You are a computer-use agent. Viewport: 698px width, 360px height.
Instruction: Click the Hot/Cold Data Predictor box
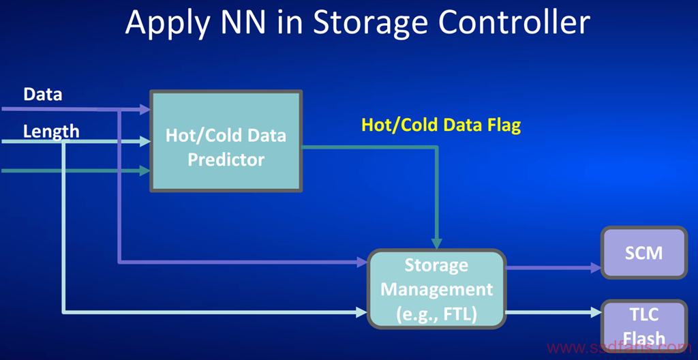point(226,141)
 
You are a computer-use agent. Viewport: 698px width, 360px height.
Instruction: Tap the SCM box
point(643,253)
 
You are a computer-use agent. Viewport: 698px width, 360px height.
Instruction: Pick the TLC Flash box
point(643,328)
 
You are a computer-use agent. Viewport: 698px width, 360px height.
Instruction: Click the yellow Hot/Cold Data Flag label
point(441,125)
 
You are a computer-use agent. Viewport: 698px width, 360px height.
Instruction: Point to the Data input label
point(43,95)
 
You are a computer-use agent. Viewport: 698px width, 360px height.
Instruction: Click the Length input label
point(51,132)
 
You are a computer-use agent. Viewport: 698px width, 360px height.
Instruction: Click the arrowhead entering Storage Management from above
point(437,243)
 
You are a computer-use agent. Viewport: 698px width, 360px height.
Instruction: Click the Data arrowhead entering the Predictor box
point(145,109)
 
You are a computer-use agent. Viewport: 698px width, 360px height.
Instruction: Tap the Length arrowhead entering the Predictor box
point(145,142)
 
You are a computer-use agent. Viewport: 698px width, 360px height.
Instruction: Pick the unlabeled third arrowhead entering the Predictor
point(145,170)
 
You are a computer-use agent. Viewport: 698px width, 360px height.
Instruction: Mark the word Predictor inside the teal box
point(226,160)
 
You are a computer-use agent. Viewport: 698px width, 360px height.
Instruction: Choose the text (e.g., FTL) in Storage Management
point(436,314)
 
